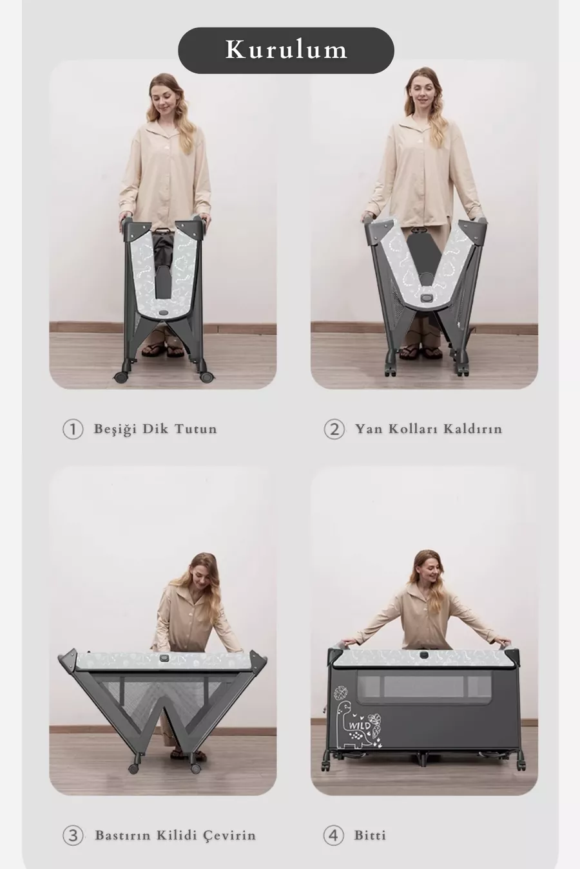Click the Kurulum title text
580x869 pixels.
286,50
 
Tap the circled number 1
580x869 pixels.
73,429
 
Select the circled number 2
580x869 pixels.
334,429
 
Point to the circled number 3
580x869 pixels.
73,836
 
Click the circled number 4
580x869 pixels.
334,836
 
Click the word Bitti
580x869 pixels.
370,835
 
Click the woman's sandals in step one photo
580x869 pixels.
163,349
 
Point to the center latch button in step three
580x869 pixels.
163,657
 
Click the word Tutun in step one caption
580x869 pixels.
196,429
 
